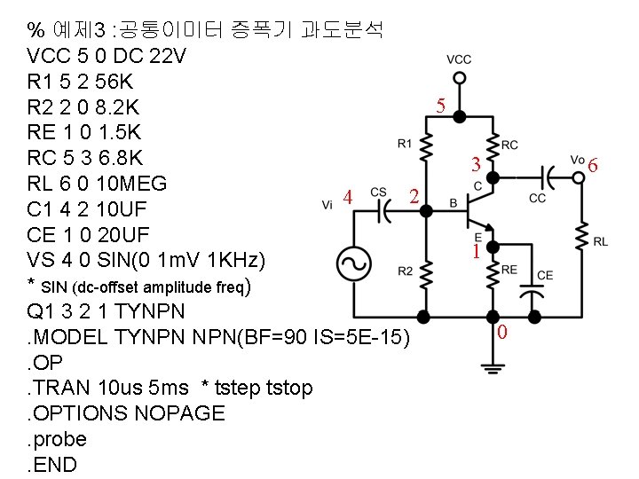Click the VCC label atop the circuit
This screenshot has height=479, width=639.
(x=459, y=59)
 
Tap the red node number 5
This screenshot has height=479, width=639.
(x=441, y=107)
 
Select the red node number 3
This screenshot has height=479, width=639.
(x=477, y=165)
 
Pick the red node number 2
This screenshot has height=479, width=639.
(x=413, y=195)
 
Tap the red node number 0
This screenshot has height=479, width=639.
(x=502, y=334)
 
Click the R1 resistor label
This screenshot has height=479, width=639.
(x=405, y=143)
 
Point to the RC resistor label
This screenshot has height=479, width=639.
(x=510, y=145)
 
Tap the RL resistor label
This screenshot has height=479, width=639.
(x=601, y=241)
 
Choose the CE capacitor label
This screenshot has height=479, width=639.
(x=545, y=275)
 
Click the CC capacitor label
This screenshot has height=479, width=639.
(x=538, y=199)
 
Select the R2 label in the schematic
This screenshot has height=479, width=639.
(x=405, y=271)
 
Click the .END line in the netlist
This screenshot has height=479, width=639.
(x=52, y=464)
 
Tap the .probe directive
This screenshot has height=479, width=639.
(x=58, y=438)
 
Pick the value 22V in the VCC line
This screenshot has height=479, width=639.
(x=167, y=56)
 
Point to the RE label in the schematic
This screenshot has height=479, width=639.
(x=509, y=270)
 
